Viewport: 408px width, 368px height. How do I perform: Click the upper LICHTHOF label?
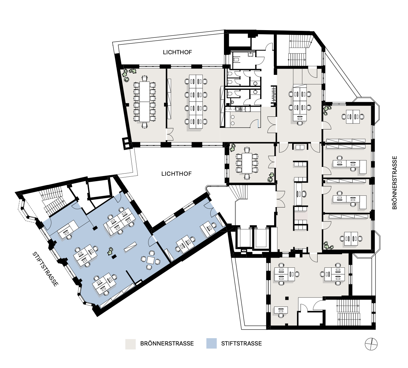pos(177,52)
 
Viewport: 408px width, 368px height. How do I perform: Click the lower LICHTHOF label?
pos(176,174)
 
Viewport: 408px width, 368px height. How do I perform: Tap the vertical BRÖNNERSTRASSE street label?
pos(394,182)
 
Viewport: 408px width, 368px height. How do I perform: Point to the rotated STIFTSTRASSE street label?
pos(45,269)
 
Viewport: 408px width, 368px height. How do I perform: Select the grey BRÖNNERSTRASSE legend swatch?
pos(130,344)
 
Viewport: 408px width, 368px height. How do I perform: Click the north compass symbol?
pos(371,344)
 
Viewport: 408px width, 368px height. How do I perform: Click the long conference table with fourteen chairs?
pos(144,102)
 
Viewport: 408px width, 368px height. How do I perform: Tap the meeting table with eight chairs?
pos(247,163)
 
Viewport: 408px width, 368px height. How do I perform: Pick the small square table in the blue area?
pos(151,260)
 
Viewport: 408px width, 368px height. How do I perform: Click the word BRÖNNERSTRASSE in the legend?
pos(167,344)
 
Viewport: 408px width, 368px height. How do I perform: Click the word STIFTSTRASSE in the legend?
pos(241,344)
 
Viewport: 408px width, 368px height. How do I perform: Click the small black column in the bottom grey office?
pos(287,298)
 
